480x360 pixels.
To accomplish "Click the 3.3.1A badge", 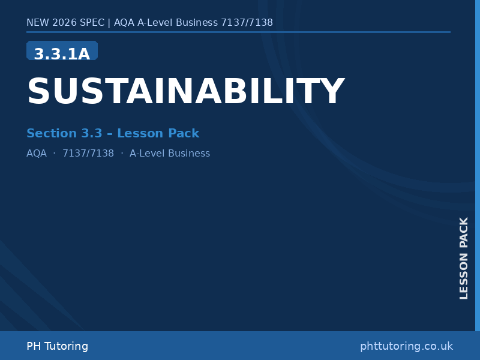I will point(62,53).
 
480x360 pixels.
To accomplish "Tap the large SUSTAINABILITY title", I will point(185,92).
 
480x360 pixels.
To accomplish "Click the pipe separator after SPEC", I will point(109,23).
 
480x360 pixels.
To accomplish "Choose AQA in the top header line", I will point(124,23).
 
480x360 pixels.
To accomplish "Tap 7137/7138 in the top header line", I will point(247,23).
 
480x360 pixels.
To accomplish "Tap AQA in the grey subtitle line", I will point(37,153).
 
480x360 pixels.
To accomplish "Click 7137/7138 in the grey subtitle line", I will point(88,153).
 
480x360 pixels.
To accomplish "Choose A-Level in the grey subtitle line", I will point(147,153).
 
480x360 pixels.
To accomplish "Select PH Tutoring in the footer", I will point(57,346).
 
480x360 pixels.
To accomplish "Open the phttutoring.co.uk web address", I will point(406,346).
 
